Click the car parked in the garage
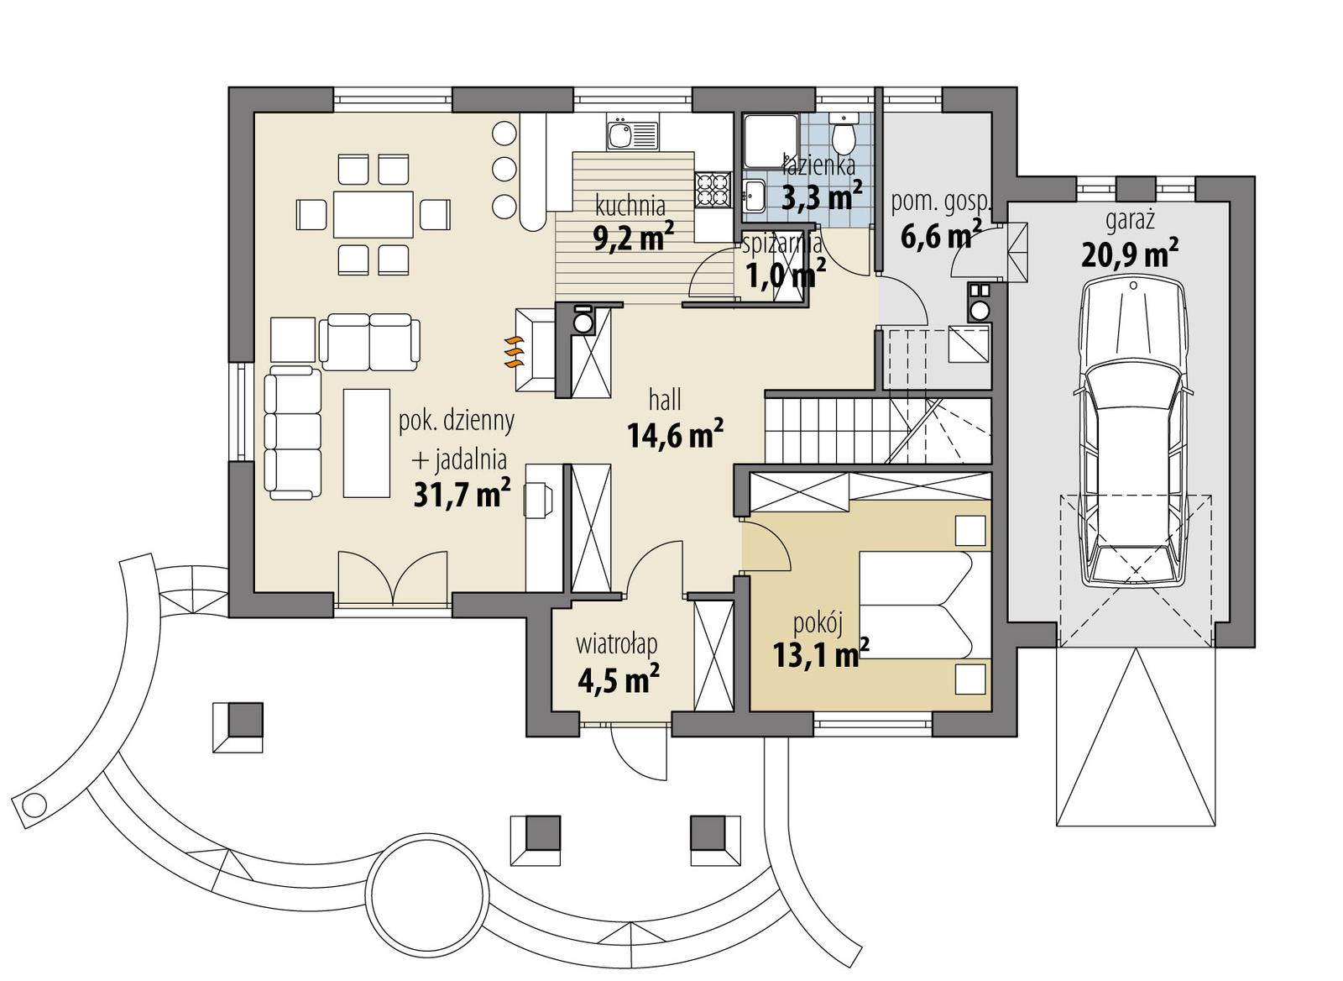(x=1135, y=433)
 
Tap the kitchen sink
(x=631, y=134)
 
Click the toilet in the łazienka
(x=842, y=134)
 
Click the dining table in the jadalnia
(x=374, y=214)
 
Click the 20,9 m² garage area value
(x=1130, y=253)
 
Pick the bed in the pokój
(x=915, y=605)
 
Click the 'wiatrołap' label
(x=616, y=644)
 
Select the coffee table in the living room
(x=366, y=443)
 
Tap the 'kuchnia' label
(x=630, y=205)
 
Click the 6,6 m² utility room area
(x=941, y=236)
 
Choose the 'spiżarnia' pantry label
(x=782, y=244)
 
